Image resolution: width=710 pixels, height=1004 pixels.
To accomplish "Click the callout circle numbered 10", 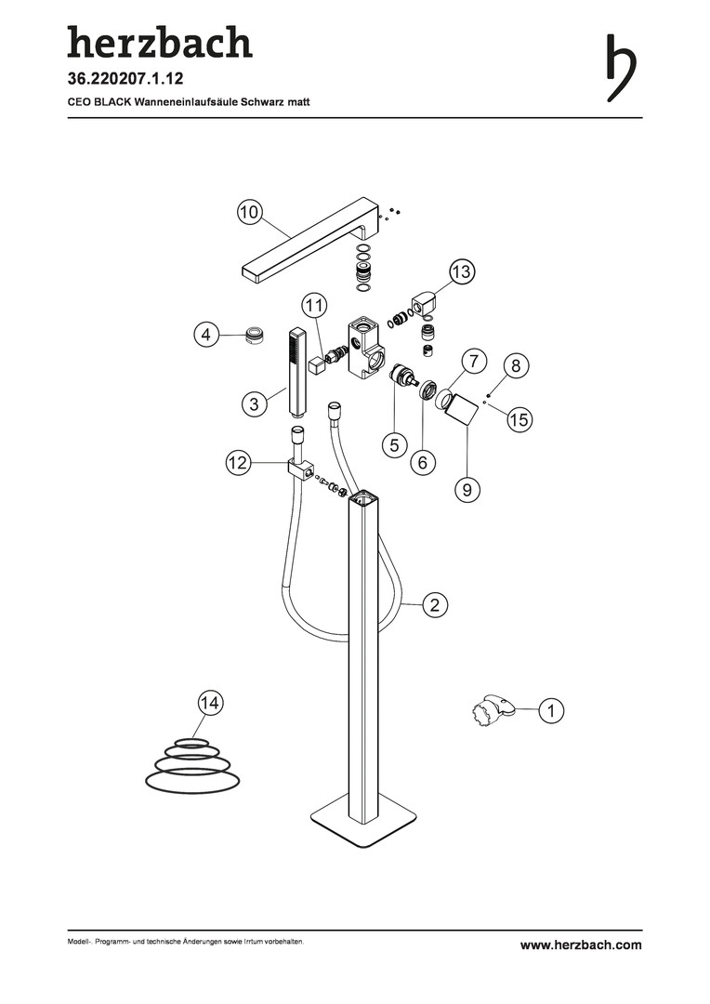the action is [250, 211].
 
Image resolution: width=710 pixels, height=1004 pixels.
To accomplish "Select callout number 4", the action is [206, 335].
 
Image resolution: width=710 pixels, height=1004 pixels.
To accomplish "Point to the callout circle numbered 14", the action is [209, 703].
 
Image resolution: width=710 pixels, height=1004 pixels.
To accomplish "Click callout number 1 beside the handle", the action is [551, 709].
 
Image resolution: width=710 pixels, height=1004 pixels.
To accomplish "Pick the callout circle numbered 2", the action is [435, 604].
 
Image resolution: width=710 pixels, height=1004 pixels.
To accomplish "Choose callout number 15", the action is [519, 419].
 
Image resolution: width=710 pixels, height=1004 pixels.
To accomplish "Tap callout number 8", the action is [516, 366].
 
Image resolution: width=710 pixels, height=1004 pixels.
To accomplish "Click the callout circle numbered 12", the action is [238, 462].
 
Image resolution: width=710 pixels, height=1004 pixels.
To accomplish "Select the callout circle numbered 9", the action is [467, 489].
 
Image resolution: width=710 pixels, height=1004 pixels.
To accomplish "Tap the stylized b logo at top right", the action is [621, 67].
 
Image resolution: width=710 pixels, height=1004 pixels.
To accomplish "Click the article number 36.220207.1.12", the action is [125, 79].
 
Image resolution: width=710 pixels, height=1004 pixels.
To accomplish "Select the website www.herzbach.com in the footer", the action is [581, 945].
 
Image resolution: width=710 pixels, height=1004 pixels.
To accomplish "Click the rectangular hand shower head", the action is [297, 370].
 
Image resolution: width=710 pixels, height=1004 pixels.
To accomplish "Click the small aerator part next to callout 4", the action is [256, 335].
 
